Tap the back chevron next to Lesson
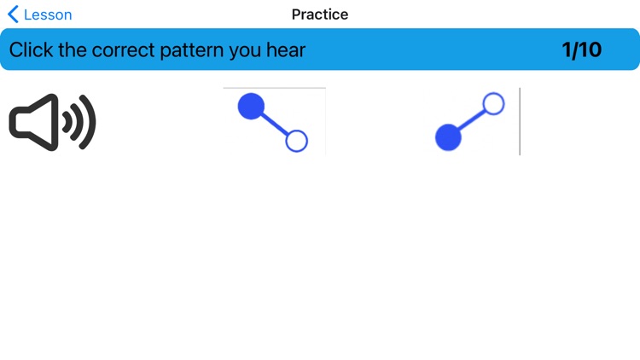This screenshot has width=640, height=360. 13,15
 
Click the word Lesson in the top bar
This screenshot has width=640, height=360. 48,15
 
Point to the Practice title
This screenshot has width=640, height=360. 320,15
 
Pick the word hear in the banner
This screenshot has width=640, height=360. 285,49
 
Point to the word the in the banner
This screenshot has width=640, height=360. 71,49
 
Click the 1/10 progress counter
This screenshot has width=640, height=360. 581,49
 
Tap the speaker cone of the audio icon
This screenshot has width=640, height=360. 32,122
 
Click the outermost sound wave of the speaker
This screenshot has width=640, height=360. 89,122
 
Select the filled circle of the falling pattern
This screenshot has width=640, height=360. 251,106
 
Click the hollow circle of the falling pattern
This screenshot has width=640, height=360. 296,141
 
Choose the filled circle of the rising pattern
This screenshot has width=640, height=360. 449,136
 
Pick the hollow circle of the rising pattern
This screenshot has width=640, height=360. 493,104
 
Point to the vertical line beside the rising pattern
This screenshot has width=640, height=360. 520,121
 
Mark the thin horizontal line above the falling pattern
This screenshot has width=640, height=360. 274,88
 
